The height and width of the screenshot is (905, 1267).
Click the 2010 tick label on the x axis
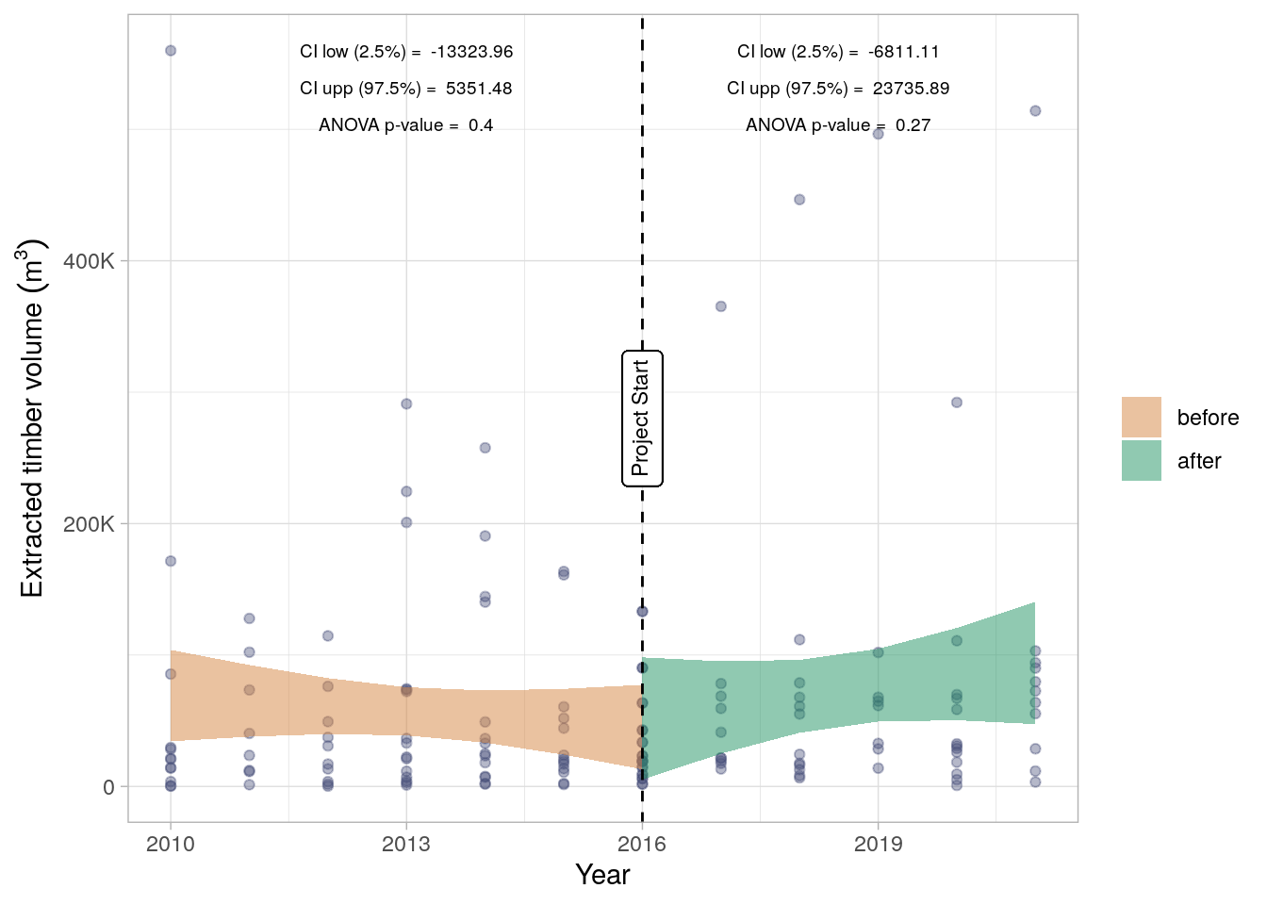click(171, 844)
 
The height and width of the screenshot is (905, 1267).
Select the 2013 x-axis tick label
click(406, 844)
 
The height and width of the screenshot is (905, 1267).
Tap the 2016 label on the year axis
click(642, 844)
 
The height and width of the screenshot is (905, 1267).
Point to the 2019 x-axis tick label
click(878, 844)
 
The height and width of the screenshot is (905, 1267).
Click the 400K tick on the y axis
click(89, 261)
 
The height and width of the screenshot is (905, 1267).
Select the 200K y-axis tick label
click(89, 524)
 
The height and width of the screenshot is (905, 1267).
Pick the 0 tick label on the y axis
click(108, 787)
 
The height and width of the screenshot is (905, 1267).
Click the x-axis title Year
click(602, 875)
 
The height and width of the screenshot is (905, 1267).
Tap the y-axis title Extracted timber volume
click(32, 419)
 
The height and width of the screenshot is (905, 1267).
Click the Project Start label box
click(642, 419)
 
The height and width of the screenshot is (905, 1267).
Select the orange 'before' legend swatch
click(1141, 418)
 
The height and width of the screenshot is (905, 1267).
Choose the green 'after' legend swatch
click(1141, 461)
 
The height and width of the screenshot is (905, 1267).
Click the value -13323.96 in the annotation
click(471, 52)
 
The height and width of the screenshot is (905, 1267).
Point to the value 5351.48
click(479, 89)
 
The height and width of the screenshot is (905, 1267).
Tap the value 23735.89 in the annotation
click(911, 89)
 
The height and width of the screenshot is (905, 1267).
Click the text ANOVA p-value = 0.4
click(405, 125)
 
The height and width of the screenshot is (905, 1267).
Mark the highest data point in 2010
click(171, 51)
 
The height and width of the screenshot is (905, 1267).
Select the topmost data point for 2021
click(1035, 111)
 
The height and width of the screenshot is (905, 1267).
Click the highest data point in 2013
click(406, 404)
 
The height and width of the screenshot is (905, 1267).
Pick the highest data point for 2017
click(721, 306)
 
